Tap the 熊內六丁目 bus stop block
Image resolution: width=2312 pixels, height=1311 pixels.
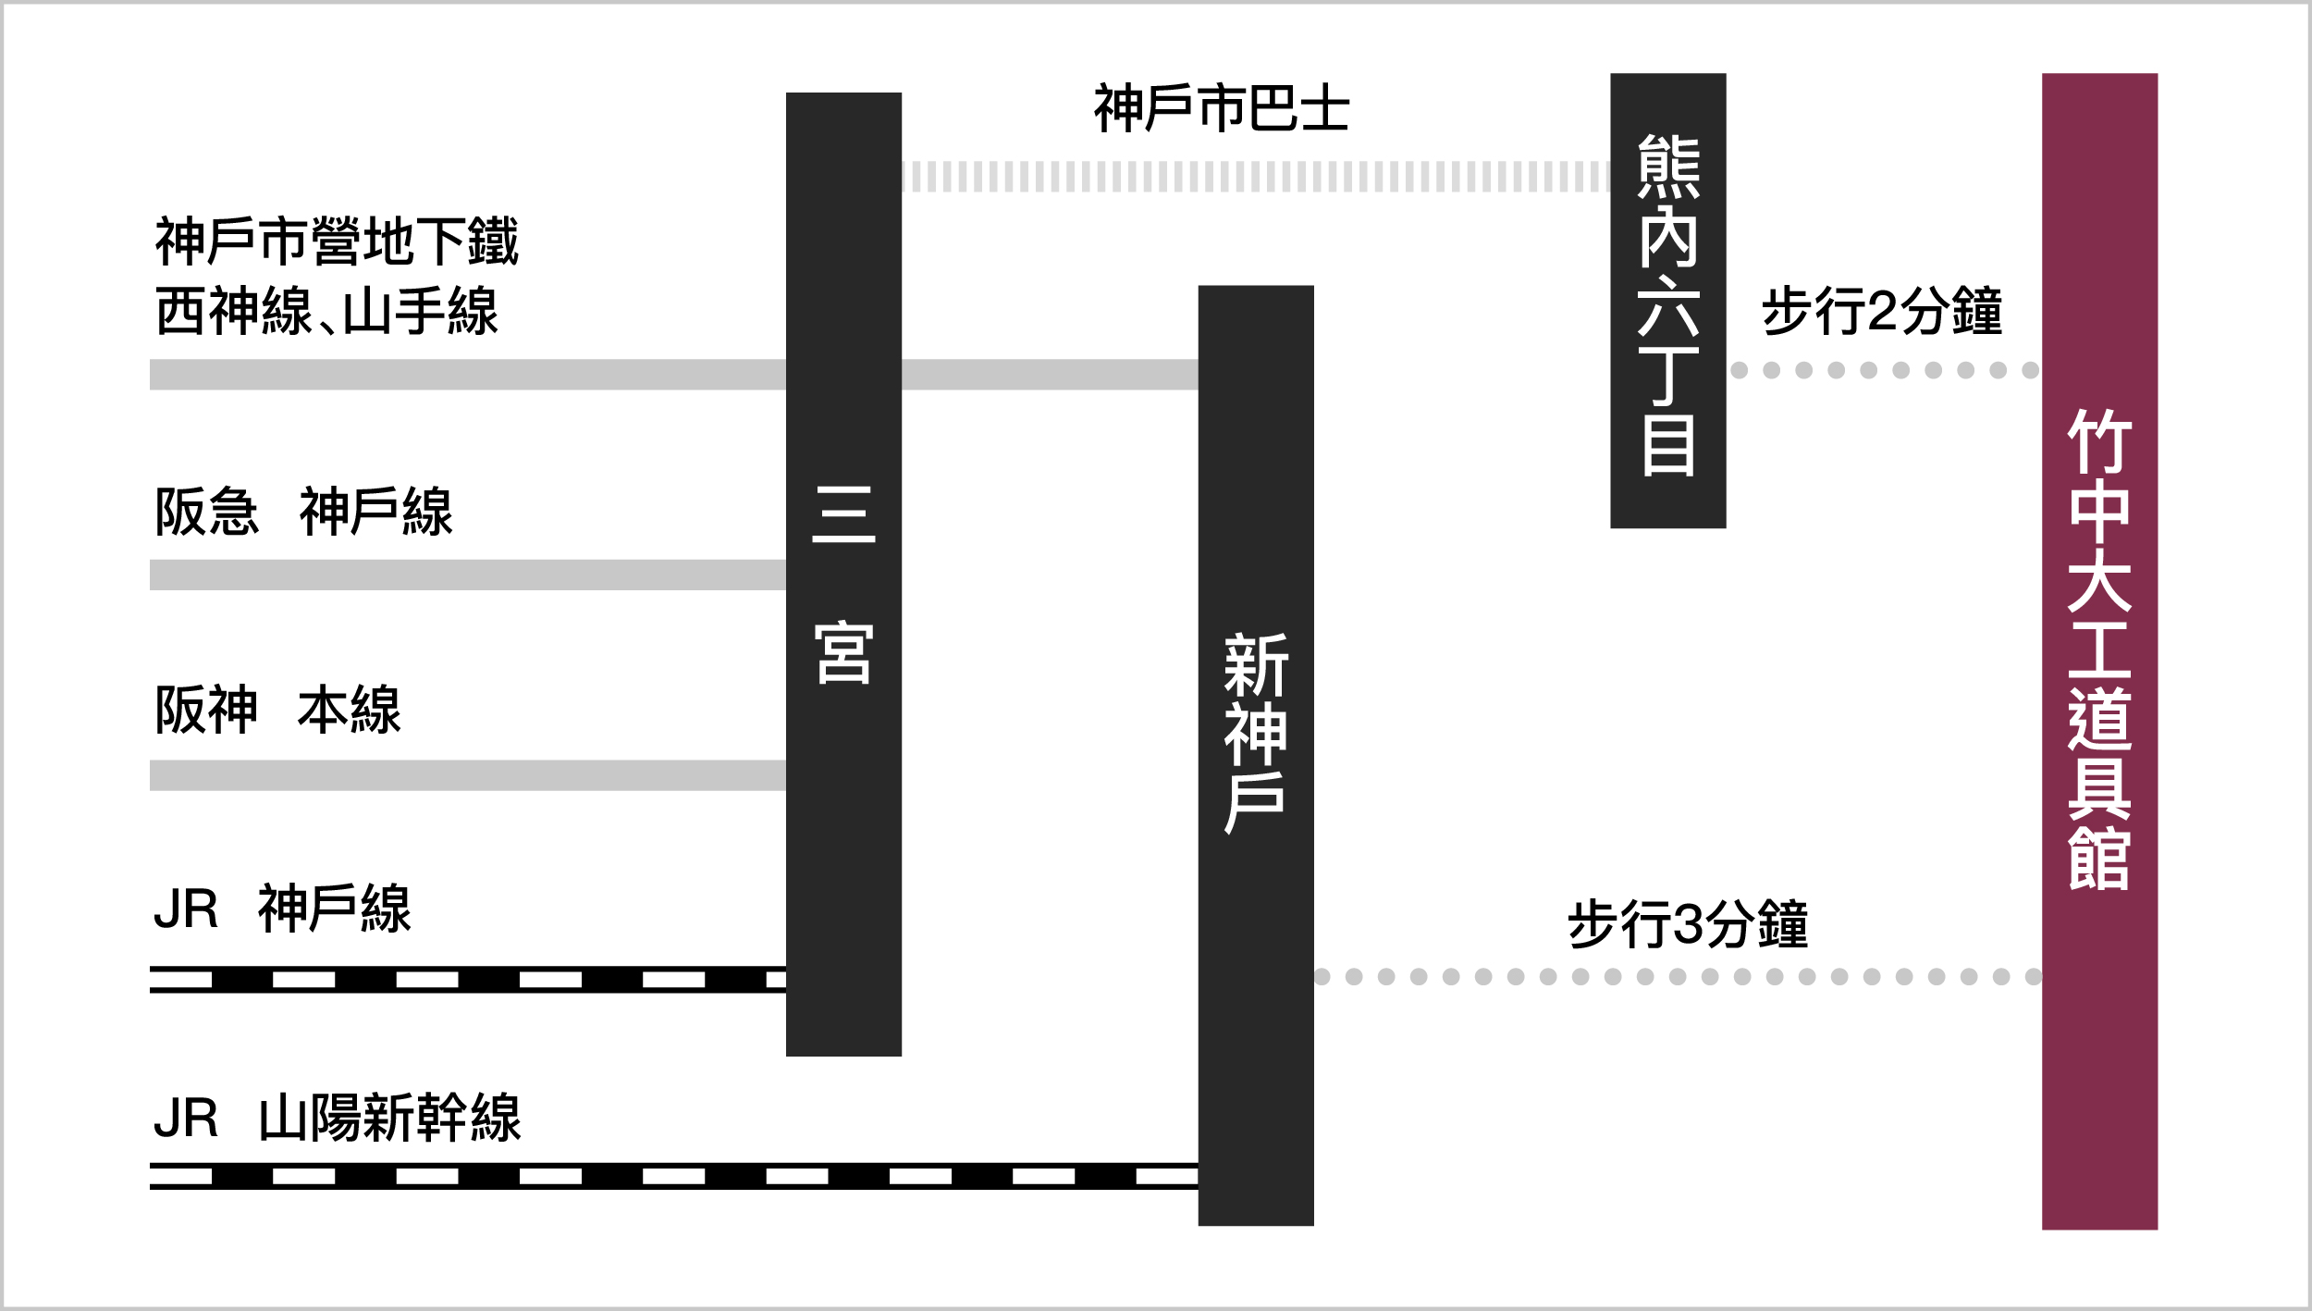(x=1667, y=301)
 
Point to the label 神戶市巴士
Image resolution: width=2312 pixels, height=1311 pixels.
(x=1221, y=108)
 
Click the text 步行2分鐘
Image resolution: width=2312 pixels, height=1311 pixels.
(x=1881, y=311)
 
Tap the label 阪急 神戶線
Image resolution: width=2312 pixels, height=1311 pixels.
(x=303, y=511)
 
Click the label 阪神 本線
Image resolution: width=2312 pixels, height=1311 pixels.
(x=277, y=710)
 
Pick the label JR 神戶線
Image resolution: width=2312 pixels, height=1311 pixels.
(x=282, y=909)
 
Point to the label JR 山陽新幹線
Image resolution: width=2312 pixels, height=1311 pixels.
(x=338, y=1118)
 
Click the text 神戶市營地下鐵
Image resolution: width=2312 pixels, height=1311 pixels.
(x=337, y=241)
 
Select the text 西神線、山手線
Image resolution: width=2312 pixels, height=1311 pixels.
(x=326, y=311)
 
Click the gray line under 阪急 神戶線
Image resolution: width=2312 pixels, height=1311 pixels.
(x=467, y=575)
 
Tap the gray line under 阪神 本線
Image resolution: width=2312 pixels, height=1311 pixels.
(x=467, y=775)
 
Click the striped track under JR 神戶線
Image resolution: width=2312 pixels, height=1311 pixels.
(x=467, y=979)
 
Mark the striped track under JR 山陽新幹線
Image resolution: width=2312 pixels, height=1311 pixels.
(x=673, y=1176)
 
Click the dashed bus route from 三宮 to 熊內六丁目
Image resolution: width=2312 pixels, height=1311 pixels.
(x=1255, y=177)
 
